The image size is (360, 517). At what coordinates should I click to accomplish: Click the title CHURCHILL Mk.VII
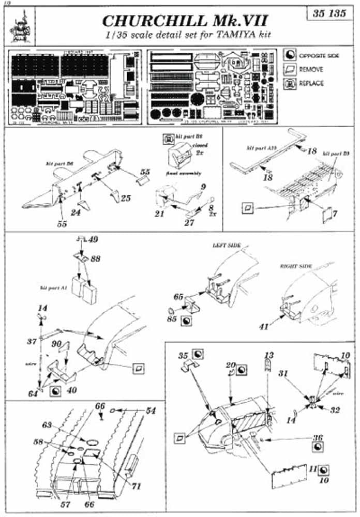(185, 21)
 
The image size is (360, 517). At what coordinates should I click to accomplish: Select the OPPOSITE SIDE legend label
(319, 56)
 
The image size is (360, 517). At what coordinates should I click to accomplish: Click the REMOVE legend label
(311, 69)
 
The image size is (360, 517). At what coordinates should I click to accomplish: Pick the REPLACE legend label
(312, 83)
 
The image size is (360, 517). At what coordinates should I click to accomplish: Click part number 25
(126, 199)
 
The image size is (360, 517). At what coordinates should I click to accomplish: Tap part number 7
(335, 214)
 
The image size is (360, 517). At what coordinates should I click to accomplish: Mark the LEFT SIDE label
(227, 245)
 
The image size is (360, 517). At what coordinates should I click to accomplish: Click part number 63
(47, 424)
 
